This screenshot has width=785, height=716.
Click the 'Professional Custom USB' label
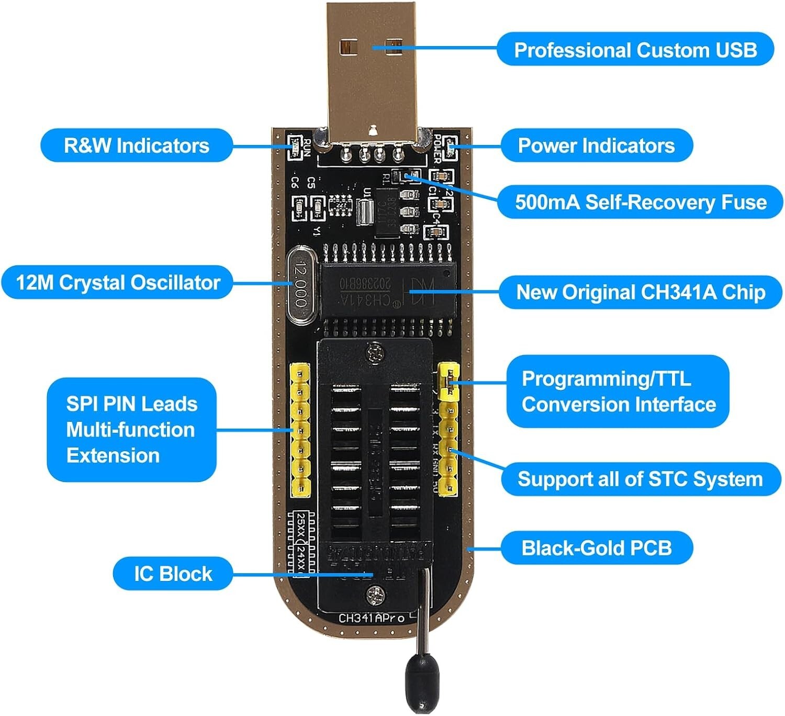point(635,50)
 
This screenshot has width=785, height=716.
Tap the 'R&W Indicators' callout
point(136,146)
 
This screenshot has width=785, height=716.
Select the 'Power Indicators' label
point(596,146)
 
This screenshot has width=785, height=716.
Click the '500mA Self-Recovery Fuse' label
point(640,202)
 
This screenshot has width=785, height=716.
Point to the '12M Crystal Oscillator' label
point(118,283)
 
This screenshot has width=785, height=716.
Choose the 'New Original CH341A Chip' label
point(640,292)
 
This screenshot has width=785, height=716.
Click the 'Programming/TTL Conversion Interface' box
point(618,391)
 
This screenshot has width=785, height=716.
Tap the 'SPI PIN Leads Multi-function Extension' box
point(131,430)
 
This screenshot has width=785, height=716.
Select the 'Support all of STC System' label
point(640,479)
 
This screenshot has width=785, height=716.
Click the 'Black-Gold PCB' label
point(596,548)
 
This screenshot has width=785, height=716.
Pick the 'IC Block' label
point(173,574)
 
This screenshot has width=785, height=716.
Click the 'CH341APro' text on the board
point(371,618)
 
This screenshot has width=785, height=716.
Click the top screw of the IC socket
point(375,354)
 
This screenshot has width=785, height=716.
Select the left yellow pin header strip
point(300,430)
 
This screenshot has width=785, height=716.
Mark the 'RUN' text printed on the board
point(307,148)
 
